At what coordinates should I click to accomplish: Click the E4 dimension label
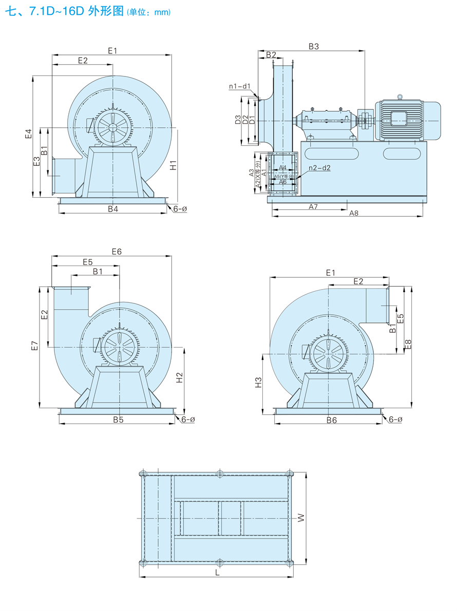point(29,134)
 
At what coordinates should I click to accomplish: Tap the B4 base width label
point(113,209)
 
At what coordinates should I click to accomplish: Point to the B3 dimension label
point(314,47)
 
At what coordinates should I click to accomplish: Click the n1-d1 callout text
point(239,86)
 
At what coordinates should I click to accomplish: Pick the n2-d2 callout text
point(319,168)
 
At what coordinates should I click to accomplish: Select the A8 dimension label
point(354,213)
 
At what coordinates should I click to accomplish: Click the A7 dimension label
point(313,206)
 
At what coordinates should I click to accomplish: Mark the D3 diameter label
point(238,120)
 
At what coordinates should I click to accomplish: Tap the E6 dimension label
point(117,252)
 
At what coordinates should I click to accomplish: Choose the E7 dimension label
point(34,346)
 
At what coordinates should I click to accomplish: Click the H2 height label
point(180,378)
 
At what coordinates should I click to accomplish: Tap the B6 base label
point(331,420)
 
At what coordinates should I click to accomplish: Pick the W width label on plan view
point(301,519)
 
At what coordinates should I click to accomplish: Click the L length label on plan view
point(217,573)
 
